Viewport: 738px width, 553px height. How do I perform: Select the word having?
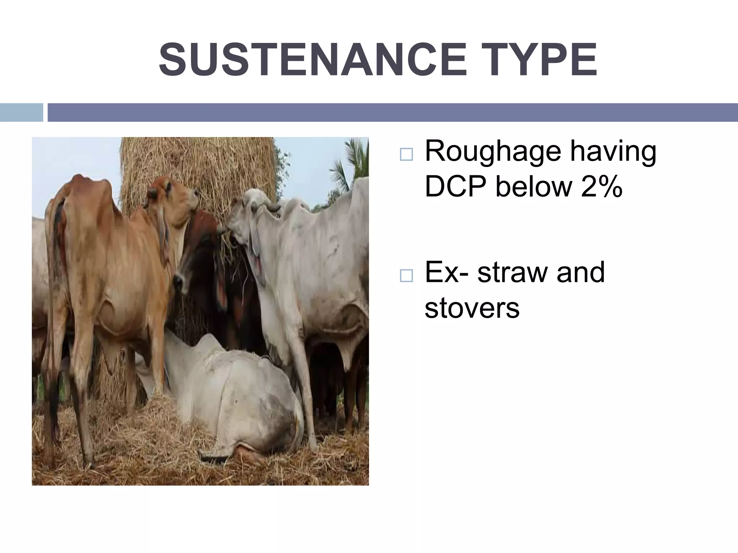(613, 152)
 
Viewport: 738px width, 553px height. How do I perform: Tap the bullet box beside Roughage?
(406, 154)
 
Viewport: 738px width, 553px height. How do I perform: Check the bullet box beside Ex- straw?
(406, 276)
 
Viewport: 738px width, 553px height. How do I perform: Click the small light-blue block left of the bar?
(21, 112)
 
